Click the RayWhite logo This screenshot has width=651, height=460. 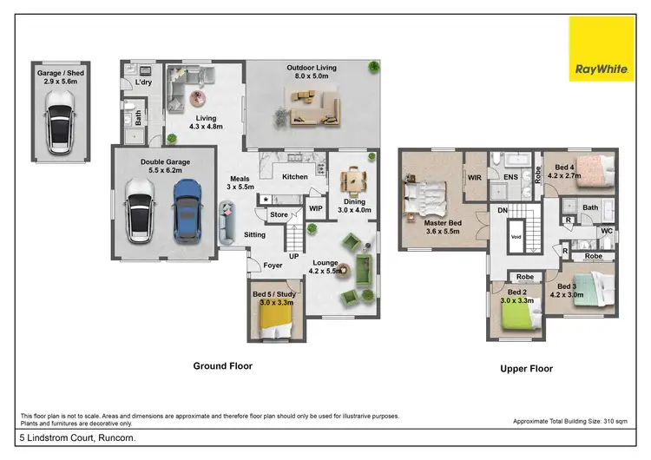tap(596, 50)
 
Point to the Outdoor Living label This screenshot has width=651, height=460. tap(312, 68)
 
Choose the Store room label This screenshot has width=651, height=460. tap(279, 214)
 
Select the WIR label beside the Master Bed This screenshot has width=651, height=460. tap(475, 177)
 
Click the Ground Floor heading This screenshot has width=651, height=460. tap(222, 366)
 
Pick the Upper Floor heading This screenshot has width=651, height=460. tap(526, 369)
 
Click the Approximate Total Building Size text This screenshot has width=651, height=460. tap(569, 421)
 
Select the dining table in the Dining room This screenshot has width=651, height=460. tap(354, 180)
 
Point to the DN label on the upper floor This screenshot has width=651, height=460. tap(503, 209)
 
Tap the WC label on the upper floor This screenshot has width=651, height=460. tap(607, 231)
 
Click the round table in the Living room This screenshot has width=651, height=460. tap(201, 98)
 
